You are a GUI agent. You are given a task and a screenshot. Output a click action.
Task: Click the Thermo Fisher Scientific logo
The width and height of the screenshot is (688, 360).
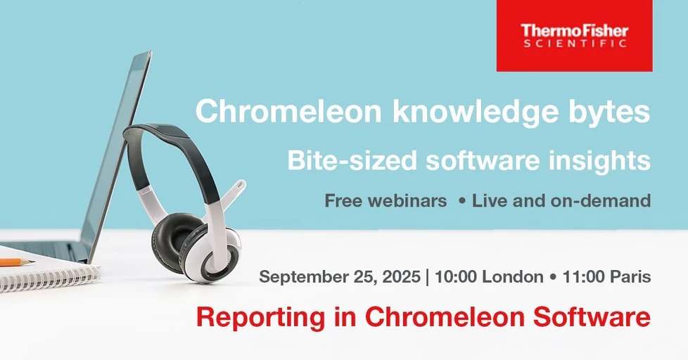coord(574,35)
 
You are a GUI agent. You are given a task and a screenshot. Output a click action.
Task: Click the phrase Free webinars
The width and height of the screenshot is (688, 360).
coord(386,201)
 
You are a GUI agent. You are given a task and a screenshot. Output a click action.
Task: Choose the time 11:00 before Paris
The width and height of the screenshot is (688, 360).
coord(584,277)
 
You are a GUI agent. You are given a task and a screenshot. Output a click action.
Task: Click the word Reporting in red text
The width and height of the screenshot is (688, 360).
coord(250,317)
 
